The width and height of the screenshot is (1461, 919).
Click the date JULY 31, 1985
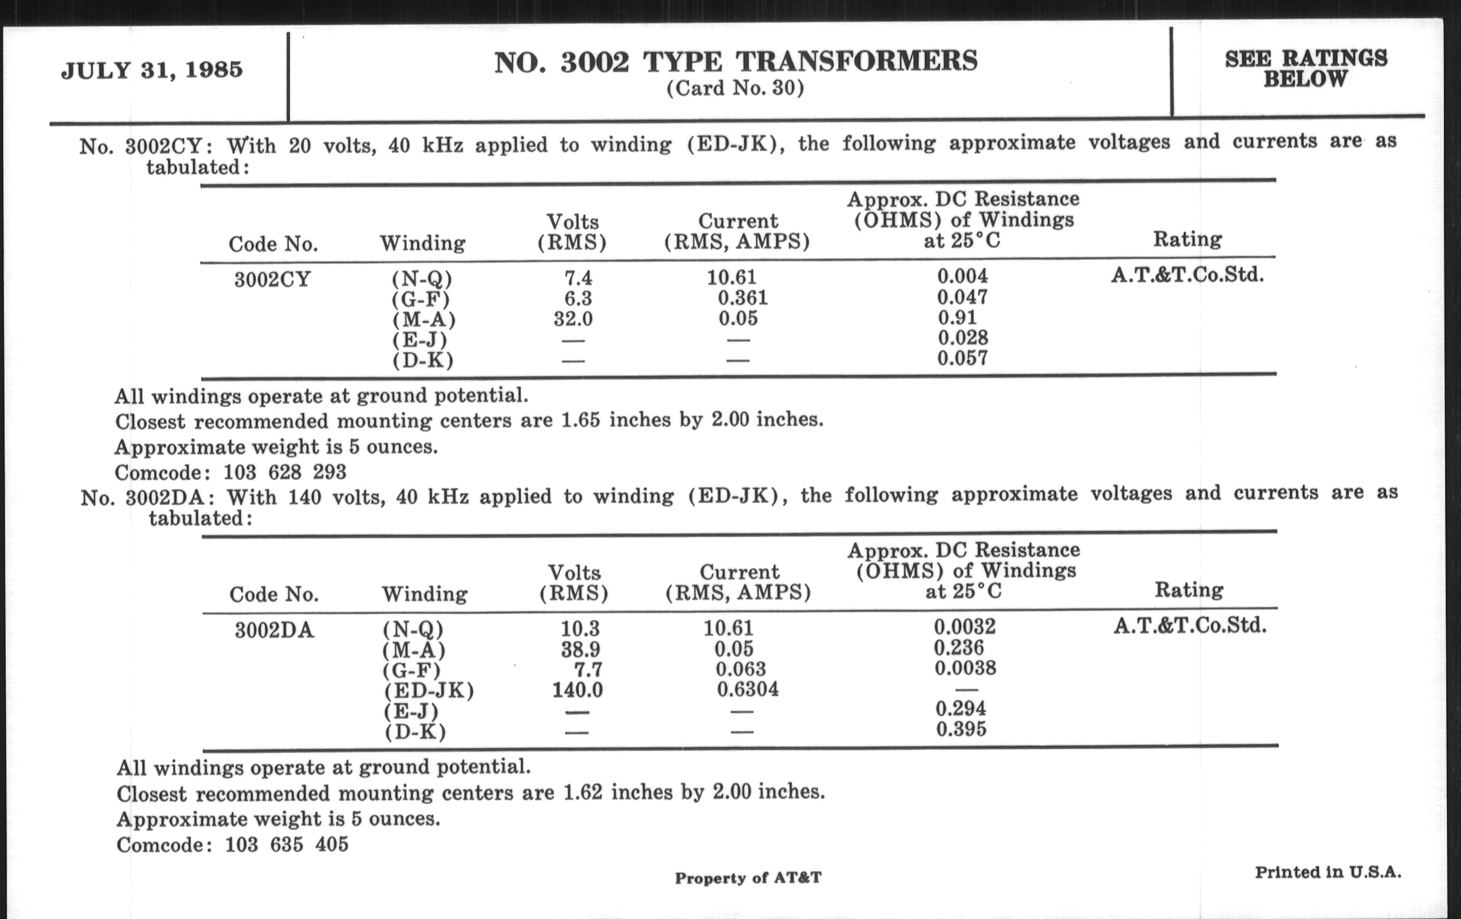click(x=151, y=70)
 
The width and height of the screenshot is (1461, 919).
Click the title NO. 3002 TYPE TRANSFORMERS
click(x=735, y=62)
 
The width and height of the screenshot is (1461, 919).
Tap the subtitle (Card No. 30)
click(x=735, y=88)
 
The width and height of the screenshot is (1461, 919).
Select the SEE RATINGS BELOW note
click(x=1305, y=68)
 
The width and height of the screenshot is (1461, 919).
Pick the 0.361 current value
click(x=742, y=298)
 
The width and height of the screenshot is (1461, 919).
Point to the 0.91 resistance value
click(x=957, y=317)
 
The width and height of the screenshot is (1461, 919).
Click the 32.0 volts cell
click(x=573, y=318)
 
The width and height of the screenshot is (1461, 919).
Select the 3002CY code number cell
click(x=272, y=280)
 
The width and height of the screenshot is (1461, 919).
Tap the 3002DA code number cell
click(x=275, y=630)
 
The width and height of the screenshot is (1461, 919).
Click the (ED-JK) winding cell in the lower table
click(x=428, y=690)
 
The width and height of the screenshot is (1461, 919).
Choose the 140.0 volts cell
click(x=577, y=690)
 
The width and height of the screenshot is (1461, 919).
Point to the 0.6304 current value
click(x=747, y=689)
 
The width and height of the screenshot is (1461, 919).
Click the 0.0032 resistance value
click(x=964, y=626)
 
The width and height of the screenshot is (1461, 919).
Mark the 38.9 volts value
click(x=580, y=650)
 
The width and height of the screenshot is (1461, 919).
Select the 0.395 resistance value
click(x=961, y=729)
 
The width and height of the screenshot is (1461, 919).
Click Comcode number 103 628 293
click(x=285, y=472)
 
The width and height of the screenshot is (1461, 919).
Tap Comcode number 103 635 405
click(x=287, y=845)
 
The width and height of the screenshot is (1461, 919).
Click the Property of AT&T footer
click(x=748, y=878)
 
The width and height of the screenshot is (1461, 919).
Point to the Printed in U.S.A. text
click(x=1328, y=872)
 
